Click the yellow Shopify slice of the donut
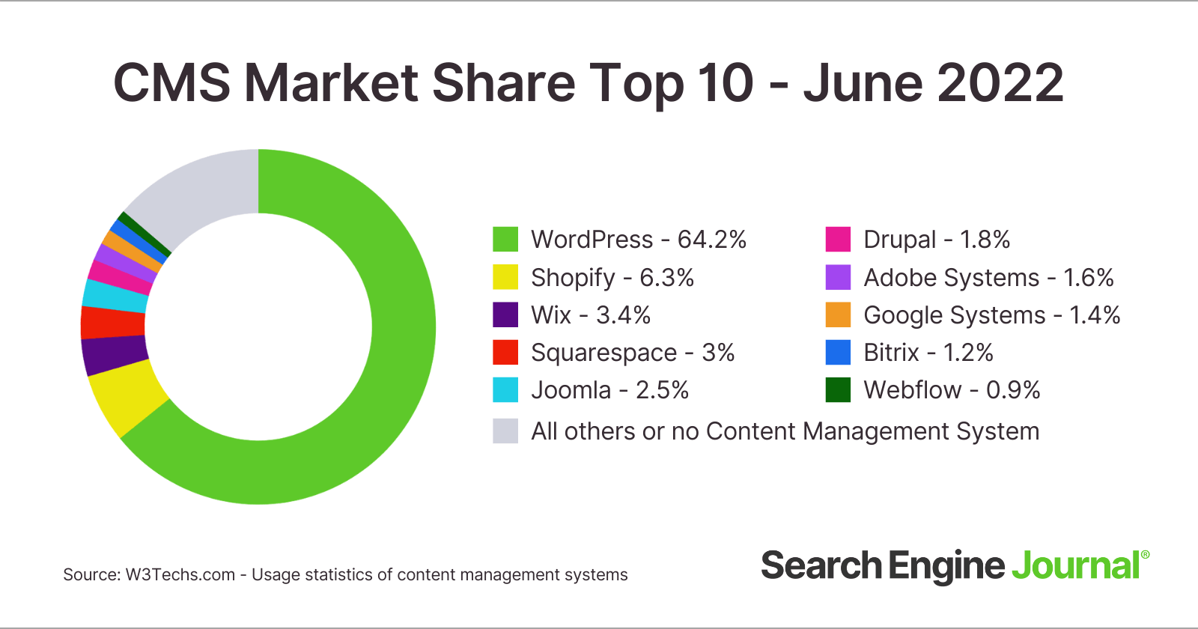pyautogui.click(x=126, y=397)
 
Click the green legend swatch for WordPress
pyautogui.click(x=505, y=240)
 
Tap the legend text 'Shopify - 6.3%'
pyautogui.click(x=612, y=278)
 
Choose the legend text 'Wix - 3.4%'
pyautogui.click(x=590, y=315)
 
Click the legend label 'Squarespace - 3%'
pyautogui.click(x=632, y=353)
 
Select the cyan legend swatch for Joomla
pyautogui.click(x=505, y=390)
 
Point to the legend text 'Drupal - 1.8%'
pyautogui.click(x=936, y=240)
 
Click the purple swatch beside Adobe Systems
pyautogui.click(x=838, y=278)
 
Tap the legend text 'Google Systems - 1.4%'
pyautogui.click(x=991, y=315)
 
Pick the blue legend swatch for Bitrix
pyautogui.click(x=838, y=353)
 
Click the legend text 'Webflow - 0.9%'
pyautogui.click(x=951, y=390)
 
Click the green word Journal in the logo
pyautogui.click(x=1075, y=566)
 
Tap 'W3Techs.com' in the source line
pyautogui.click(x=180, y=575)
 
